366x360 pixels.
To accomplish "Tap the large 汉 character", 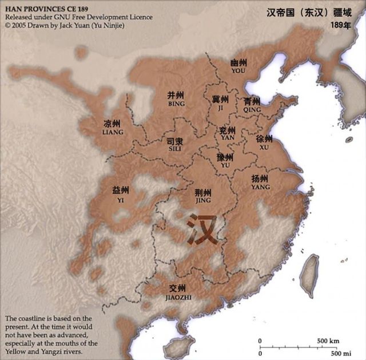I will pyautogui.click(x=202, y=229).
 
